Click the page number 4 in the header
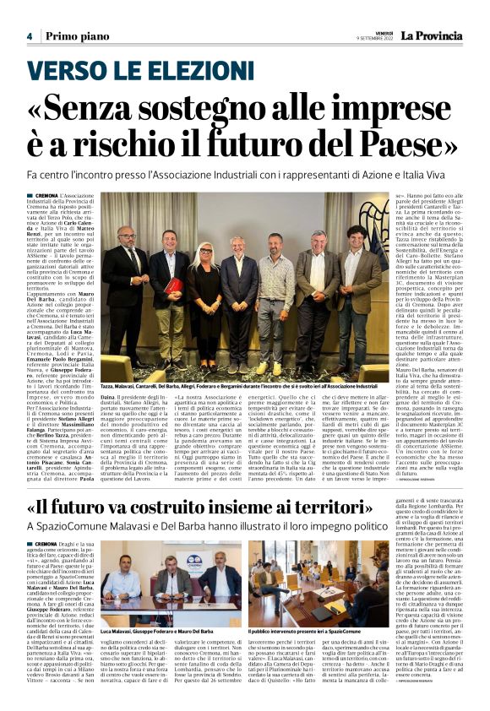(x=28, y=36)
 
